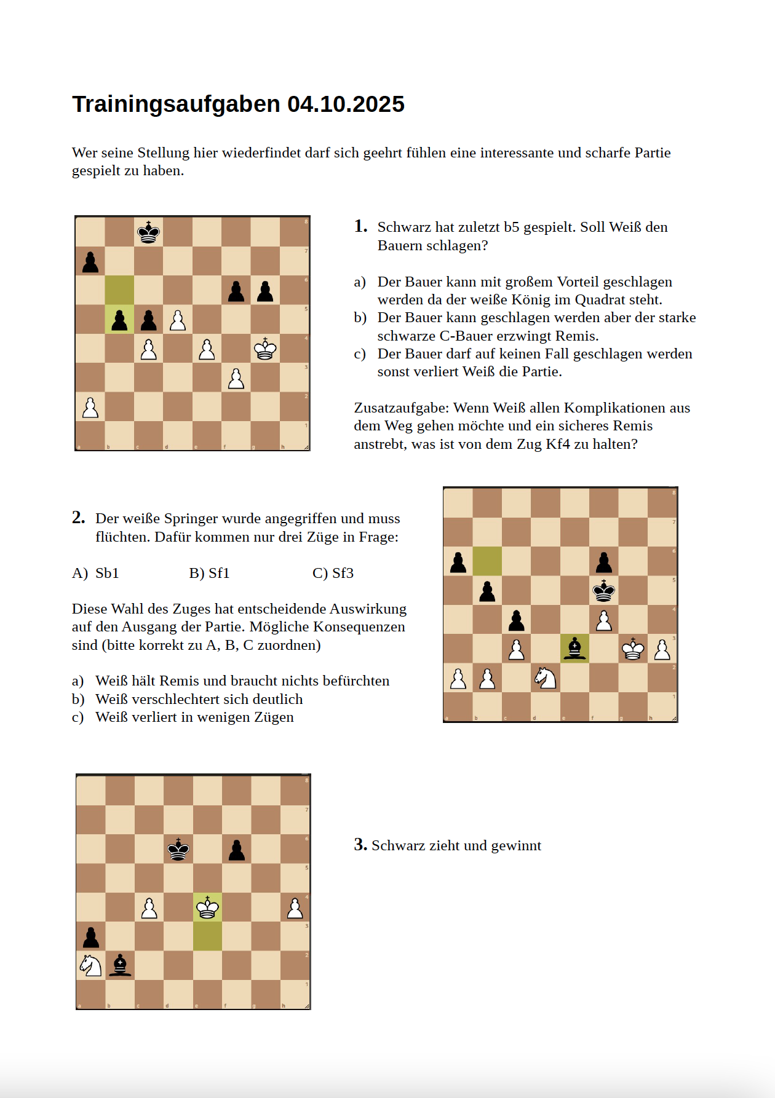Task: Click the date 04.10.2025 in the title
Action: tap(346, 105)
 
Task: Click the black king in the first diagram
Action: tap(148, 232)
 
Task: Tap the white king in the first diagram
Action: tap(265, 349)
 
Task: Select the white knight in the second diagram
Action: tap(545, 677)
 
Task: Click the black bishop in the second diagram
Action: tap(574, 649)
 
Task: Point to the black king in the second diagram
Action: tap(604, 591)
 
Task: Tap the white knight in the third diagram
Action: tap(91, 965)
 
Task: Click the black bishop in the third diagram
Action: tap(121, 965)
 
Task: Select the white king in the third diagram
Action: tap(208, 907)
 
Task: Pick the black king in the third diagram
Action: tap(178, 849)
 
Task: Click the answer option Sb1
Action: tap(107, 573)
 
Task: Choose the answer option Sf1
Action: tap(219, 573)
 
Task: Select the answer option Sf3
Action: tap(343, 573)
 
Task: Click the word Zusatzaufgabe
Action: tap(401, 408)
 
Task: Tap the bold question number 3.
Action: tap(360, 845)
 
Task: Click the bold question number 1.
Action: tap(360, 226)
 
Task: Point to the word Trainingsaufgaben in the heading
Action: tap(177, 105)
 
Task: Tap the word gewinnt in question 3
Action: tap(516, 846)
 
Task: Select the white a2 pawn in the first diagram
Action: tap(90, 407)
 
